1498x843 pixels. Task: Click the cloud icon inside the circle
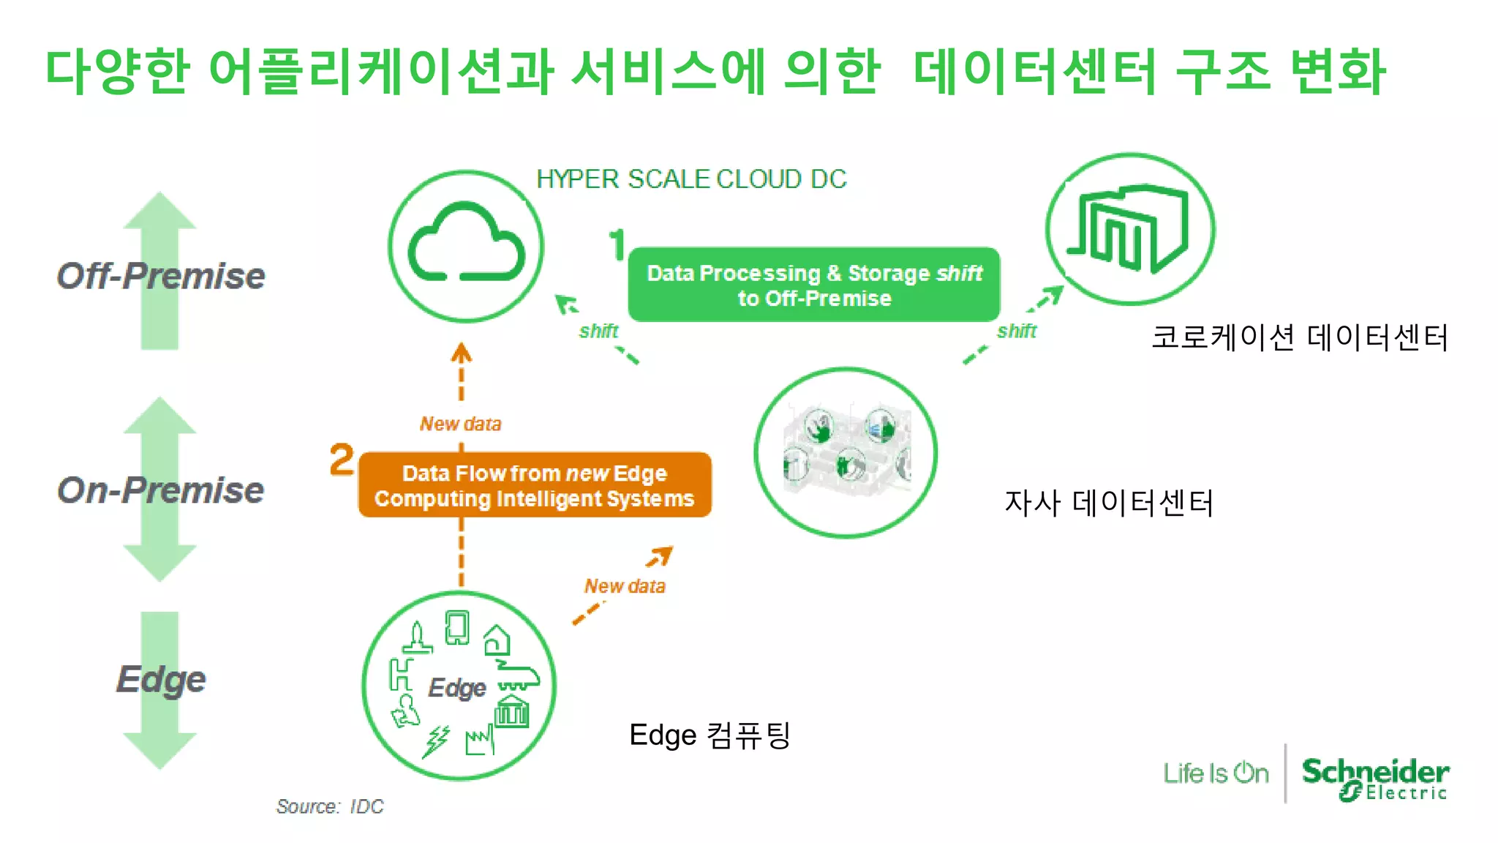466,244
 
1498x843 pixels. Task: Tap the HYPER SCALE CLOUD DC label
691,179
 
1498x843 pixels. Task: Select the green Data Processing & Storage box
813,285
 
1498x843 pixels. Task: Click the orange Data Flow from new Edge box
535,485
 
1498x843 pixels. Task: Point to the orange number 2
342,460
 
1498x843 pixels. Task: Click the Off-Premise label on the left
161,276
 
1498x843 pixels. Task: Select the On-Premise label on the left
161,490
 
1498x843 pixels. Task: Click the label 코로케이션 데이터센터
1300,337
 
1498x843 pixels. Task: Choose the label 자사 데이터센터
1109,503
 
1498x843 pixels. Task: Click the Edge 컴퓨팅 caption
710,735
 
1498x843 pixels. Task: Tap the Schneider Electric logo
1375,779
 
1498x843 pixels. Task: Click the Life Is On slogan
1216,773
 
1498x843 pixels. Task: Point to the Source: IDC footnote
330,806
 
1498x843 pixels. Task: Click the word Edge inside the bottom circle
457,688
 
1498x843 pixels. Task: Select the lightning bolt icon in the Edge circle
437,741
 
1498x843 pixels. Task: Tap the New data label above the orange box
460,424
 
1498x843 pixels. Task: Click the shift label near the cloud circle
598,331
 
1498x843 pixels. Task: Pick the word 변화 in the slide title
1337,71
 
